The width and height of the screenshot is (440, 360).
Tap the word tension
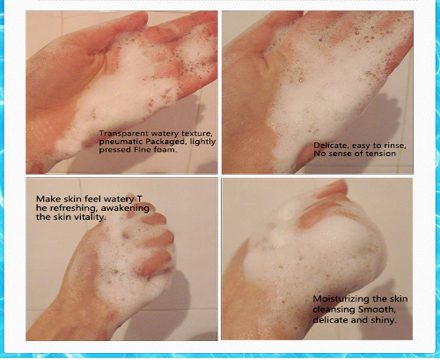(x=381, y=154)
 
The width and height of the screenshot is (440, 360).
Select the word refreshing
(x=74, y=208)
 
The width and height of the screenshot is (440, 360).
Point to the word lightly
(x=202, y=142)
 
